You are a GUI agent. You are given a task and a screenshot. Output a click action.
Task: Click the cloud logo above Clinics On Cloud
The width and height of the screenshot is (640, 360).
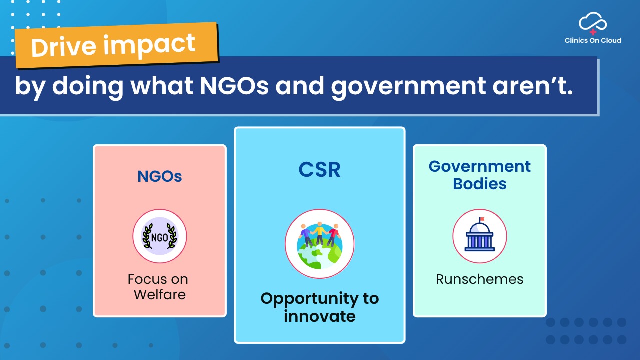click(x=593, y=23)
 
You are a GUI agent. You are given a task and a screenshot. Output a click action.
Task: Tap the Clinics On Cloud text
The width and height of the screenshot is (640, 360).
click(x=593, y=40)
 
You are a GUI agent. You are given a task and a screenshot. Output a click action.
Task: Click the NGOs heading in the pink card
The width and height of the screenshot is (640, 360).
click(x=160, y=176)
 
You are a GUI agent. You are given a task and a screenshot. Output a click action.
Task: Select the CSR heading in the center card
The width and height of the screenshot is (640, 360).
click(x=319, y=170)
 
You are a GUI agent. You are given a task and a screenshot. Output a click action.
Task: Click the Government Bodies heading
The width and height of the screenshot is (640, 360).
click(x=480, y=175)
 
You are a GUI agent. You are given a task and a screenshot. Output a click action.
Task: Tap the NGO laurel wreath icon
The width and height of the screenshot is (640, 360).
click(x=160, y=236)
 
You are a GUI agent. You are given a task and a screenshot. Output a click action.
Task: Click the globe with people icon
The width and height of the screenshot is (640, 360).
click(x=320, y=244)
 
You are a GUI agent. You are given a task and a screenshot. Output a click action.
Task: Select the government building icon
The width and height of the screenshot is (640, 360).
click(x=480, y=236)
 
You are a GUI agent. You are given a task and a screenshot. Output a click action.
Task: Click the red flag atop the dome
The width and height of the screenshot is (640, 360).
click(x=482, y=219)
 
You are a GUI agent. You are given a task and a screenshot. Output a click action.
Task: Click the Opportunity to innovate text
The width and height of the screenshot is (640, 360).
click(x=320, y=307)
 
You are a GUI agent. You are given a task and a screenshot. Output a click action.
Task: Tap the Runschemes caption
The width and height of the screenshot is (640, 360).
click(x=480, y=279)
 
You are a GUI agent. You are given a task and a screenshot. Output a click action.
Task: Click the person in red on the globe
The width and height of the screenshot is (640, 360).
click(x=333, y=234)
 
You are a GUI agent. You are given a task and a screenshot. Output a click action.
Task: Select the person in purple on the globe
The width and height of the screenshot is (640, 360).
click(x=306, y=234)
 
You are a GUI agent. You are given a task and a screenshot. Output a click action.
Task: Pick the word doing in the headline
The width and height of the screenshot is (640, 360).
click(x=88, y=86)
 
